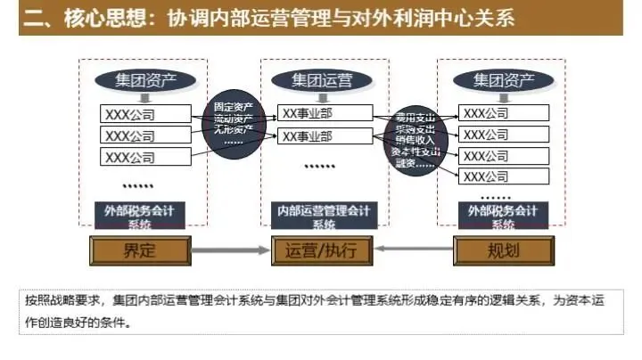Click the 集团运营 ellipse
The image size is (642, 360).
pyautogui.click(x=321, y=80)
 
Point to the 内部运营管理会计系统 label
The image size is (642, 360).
pyautogui.click(x=320, y=215)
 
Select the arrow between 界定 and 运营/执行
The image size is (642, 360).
pyautogui.click(x=230, y=250)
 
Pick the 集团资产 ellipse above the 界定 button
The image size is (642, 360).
pyautogui.click(x=145, y=80)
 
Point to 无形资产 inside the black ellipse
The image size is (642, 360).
pyautogui.click(x=234, y=129)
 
